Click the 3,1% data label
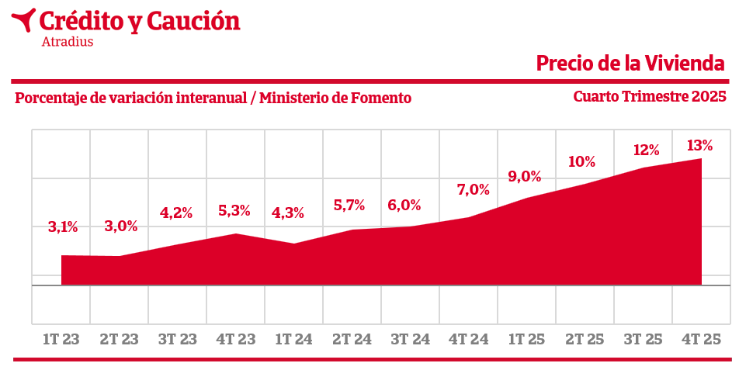point(63,227)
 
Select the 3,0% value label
point(121,226)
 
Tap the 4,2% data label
point(176,213)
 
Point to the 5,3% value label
point(234,209)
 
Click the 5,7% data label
point(349,206)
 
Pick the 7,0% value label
point(474,188)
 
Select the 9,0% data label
point(525,176)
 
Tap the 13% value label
point(699,145)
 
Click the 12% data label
point(646,150)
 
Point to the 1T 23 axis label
point(61,340)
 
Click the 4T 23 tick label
point(236,340)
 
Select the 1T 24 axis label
point(293,340)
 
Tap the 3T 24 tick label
point(410,340)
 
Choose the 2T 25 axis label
point(585,340)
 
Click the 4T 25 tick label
point(701,340)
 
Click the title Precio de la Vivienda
point(630,64)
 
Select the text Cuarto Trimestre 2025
point(650,97)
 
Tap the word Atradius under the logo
point(68,42)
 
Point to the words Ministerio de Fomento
point(335,99)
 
